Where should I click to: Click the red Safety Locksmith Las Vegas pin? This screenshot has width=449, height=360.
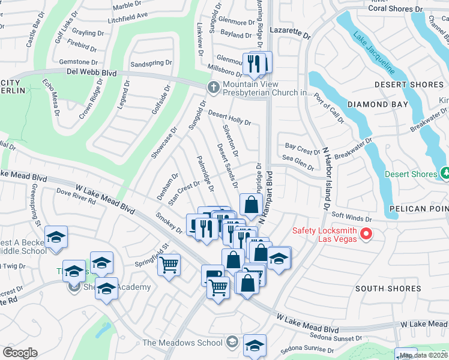point(368,233)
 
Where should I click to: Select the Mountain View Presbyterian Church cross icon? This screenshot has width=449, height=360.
point(213,88)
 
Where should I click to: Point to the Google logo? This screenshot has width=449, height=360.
point(20,353)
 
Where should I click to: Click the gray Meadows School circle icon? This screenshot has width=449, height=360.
point(233,343)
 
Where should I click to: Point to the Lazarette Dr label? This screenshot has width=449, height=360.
point(291,36)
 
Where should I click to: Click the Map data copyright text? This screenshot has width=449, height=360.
point(423,355)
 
